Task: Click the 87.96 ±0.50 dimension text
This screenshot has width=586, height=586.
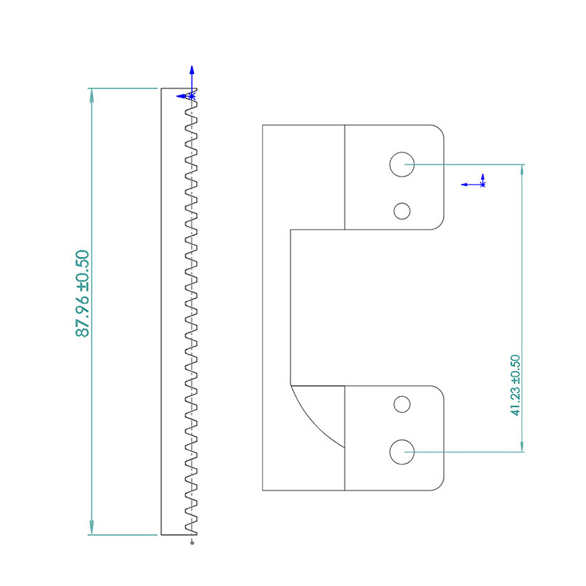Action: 82,294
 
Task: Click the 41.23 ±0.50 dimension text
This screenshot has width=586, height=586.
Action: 516,385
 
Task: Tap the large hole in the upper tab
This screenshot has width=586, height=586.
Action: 402,164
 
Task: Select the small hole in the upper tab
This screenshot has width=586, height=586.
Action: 402,211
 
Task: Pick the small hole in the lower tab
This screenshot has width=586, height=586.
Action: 402,404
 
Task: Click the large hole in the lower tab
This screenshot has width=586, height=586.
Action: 402,452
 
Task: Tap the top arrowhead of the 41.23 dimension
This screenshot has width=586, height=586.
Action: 522,171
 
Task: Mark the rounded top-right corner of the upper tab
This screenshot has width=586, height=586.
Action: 440,129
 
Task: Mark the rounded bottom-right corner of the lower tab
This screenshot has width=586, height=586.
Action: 440,486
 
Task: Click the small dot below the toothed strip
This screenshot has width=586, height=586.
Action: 192,543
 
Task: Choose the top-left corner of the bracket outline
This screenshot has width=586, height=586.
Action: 263,125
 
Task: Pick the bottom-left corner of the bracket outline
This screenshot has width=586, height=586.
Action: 263,490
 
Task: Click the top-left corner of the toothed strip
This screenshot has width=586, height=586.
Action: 161,88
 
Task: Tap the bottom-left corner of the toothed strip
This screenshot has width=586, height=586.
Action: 161,535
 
